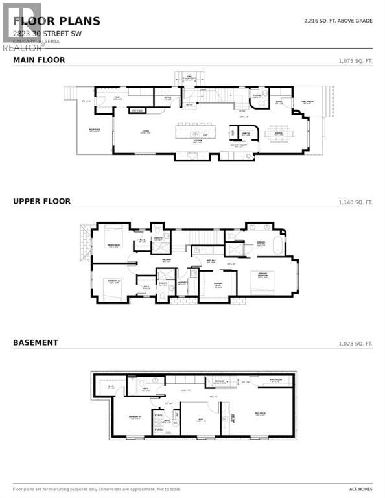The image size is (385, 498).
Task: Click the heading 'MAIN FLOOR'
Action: click(39, 60)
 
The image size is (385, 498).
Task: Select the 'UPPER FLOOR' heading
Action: click(42, 202)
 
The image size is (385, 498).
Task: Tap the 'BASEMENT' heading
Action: click(36, 342)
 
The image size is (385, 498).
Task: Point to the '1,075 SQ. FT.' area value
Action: click(356, 61)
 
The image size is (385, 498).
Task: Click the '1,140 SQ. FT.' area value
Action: click(356, 202)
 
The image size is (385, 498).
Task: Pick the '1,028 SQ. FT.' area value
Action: click(356, 343)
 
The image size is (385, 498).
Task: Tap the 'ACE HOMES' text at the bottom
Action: click(361, 490)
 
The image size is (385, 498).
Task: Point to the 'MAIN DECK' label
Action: click(93, 130)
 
